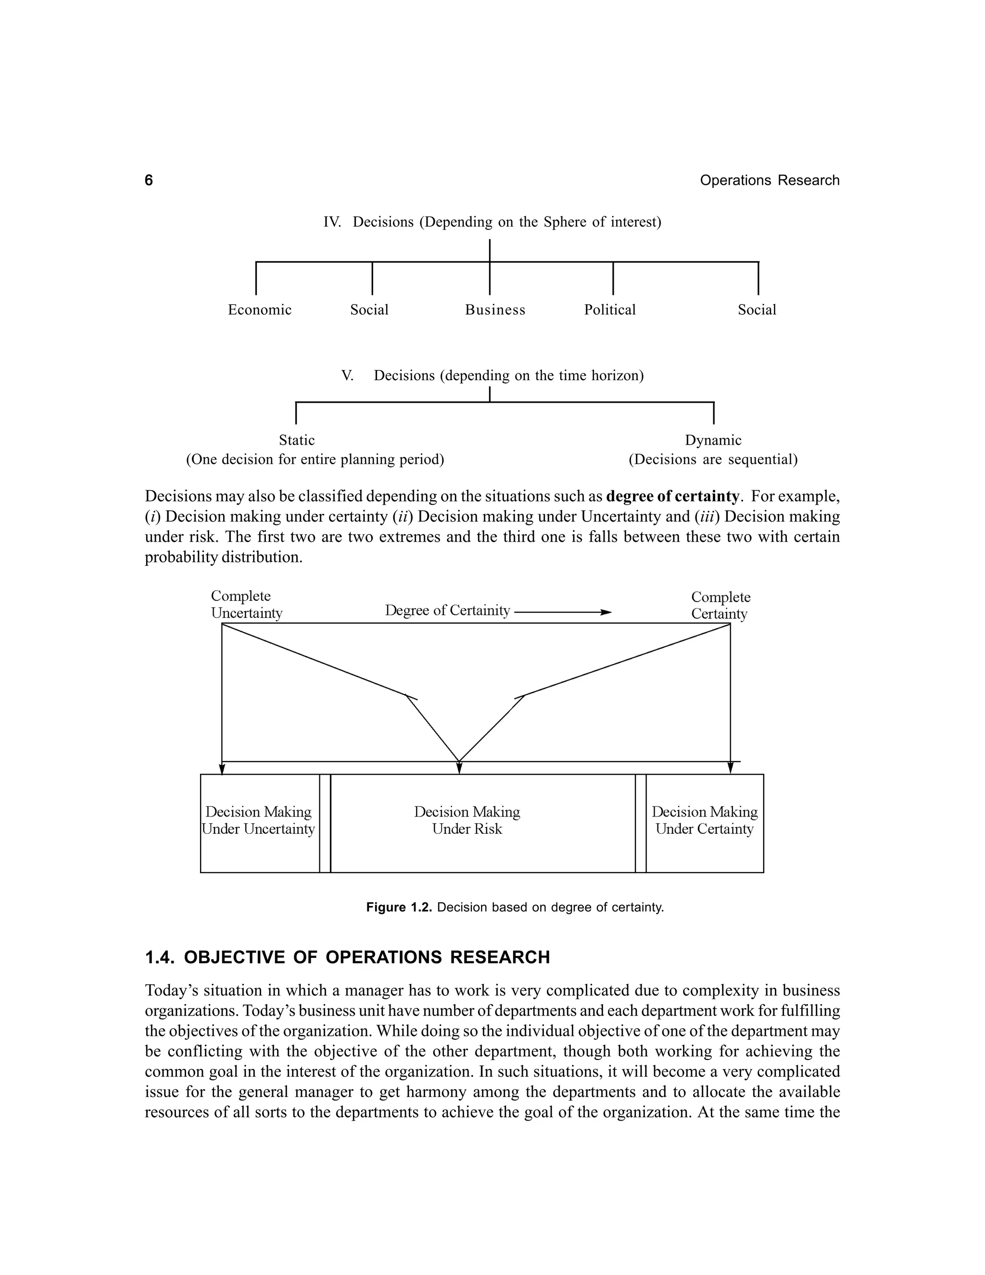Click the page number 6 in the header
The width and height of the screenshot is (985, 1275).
pyautogui.click(x=149, y=180)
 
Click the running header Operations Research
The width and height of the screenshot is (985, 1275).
pyautogui.click(x=769, y=180)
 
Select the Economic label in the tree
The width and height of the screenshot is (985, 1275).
pyautogui.click(x=260, y=310)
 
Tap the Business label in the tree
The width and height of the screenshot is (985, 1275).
pyautogui.click(x=495, y=310)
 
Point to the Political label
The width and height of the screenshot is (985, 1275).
pyautogui.click(x=610, y=310)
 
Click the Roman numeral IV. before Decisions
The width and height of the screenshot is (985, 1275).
pyautogui.click(x=332, y=222)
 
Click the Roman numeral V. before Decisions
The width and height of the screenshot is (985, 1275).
pyautogui.click(x=347, y=376)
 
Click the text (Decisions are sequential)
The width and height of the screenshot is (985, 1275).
pyautogui.click(x=712, y=459)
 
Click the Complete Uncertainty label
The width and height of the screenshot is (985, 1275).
pyautogui.click(x=246, y=604)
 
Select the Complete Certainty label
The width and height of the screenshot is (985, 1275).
pyautogui.click(x=720, y=605)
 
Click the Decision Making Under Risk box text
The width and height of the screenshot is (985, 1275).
pyautogui.click(x=467, y=820)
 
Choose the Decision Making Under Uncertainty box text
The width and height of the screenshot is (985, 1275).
pyautogui.click(x=258, y=820)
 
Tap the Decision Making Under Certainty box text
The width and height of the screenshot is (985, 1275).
pyautogui.click(x=704, y=820)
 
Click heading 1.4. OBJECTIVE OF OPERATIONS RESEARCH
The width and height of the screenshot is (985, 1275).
pyautogui.click(x=347, y=957)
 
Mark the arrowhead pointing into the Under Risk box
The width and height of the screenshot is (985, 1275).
pyautogui.click(x=459, y=768)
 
